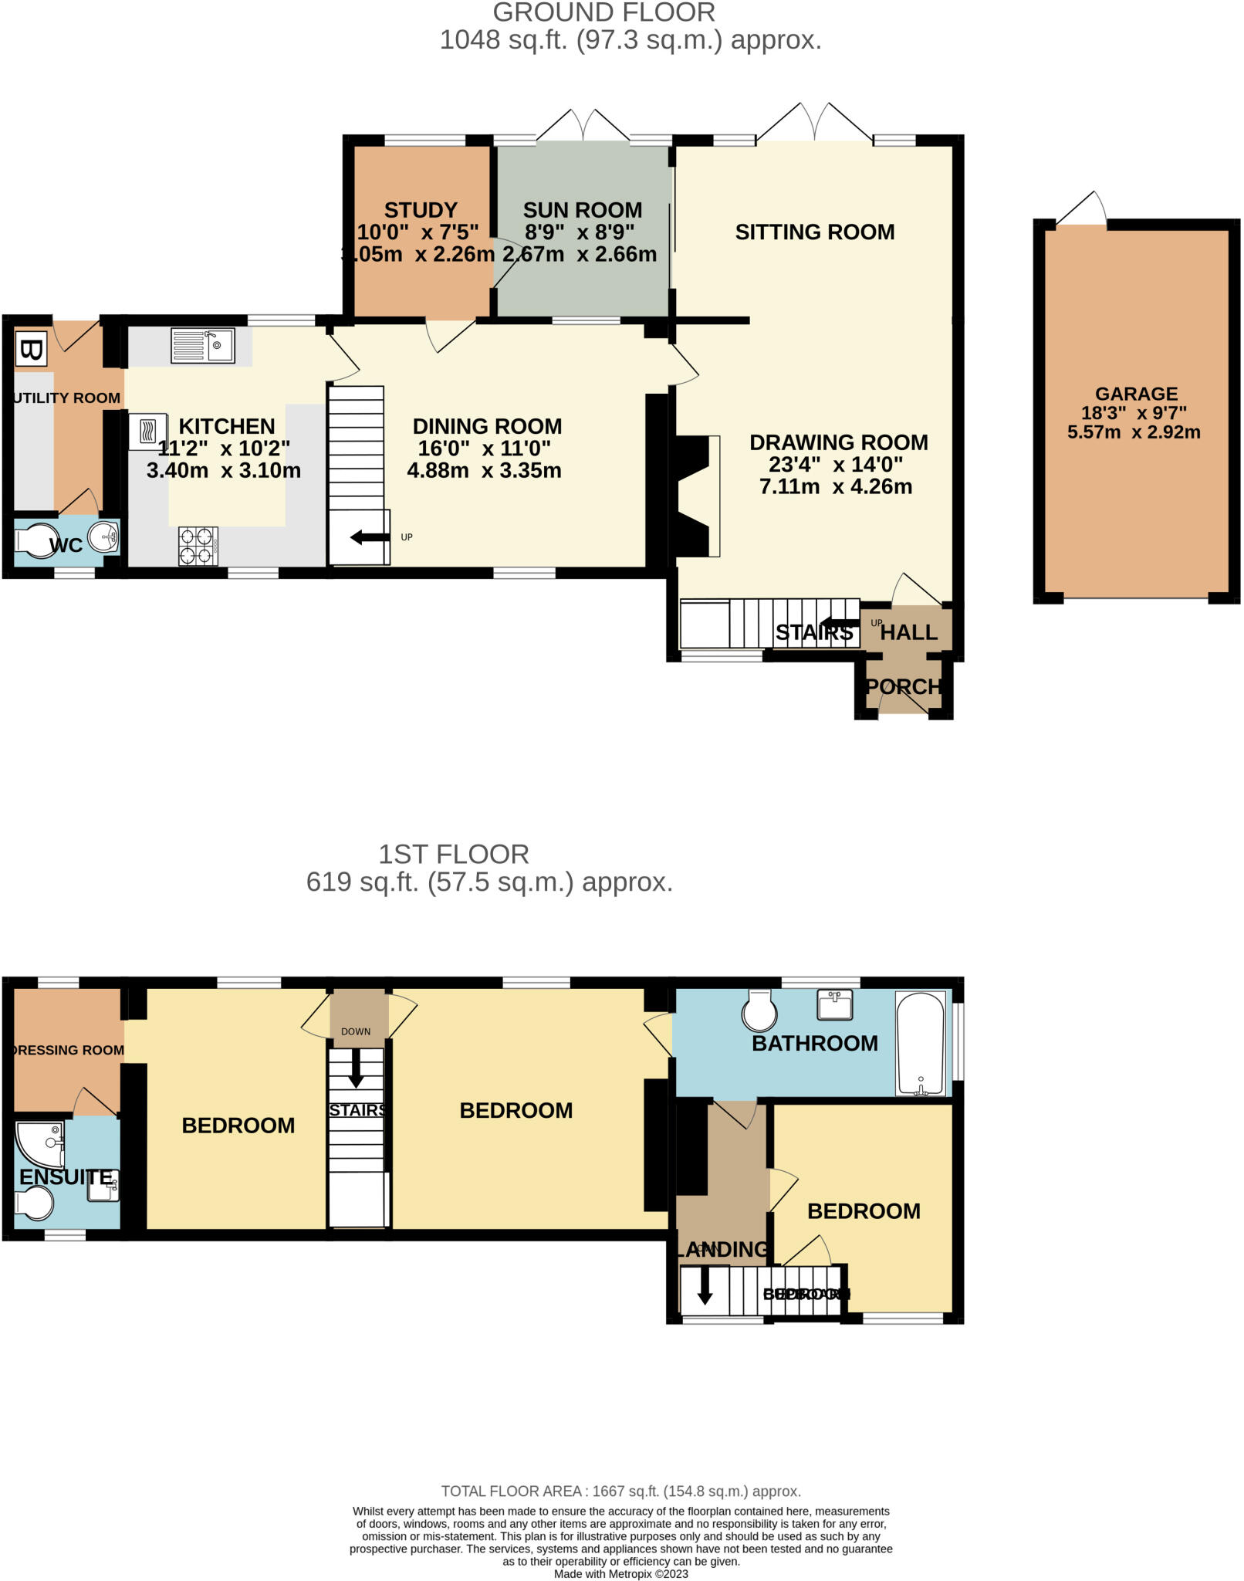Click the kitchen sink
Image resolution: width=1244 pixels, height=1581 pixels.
tap(203, 345)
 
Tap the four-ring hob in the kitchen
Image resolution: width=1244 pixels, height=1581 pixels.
tap(198, 546)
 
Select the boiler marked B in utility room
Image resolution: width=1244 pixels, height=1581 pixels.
tap(31, 350)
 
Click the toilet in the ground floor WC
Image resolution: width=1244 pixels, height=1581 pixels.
tap(36, 541)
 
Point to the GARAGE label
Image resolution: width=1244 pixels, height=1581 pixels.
tap(1136, 394)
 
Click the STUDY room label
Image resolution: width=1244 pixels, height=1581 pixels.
tap(421, 210)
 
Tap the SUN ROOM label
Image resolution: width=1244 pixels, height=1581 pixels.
tap(583, 210)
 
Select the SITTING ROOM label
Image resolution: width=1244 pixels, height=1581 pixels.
tap(814, 232)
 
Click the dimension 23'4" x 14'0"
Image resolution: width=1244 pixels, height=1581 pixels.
tap(836, 464)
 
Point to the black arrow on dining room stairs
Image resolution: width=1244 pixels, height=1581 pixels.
tap(369, 537)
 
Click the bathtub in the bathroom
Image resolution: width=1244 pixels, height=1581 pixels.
tap(921, 1043)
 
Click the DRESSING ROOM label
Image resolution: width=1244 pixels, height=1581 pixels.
tap(68, 1050)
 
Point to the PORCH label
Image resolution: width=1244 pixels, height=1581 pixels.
tap(903, 686)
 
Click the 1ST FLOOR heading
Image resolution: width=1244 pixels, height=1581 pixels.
tap(453, 854)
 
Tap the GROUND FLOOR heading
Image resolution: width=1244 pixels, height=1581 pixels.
tap(603, 12)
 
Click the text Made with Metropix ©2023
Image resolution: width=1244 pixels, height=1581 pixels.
tap(620, 1573)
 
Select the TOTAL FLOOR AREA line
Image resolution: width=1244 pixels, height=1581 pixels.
tap(620, 1491)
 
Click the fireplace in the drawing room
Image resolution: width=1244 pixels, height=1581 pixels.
tap(695, 496)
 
